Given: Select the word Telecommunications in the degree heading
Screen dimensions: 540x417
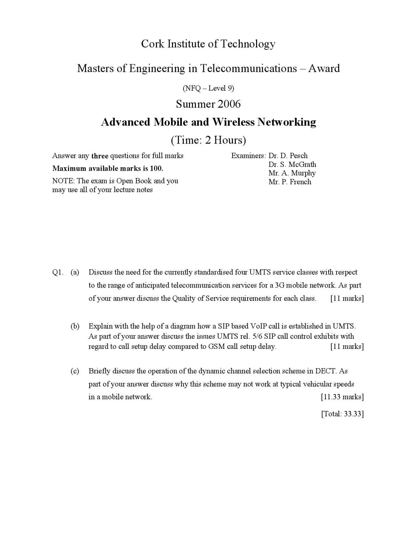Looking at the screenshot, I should (248, 68).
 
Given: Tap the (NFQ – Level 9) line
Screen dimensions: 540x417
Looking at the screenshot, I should (208, 88).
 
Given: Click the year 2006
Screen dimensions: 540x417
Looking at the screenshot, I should (229, 104).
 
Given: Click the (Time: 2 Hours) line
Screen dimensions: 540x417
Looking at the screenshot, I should (208, 140).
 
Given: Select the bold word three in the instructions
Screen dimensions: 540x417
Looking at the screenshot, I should (100, 156).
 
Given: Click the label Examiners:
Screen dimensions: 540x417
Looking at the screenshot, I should (249, 156).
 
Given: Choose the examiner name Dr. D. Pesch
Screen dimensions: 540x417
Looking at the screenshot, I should (288, 156).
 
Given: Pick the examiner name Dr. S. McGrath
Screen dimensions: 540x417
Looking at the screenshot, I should (292, 164).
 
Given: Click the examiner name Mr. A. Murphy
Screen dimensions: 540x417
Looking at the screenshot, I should (292, 173).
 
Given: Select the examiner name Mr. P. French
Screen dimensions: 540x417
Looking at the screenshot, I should (290, 182).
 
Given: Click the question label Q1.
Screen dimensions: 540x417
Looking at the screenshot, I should (58, 273).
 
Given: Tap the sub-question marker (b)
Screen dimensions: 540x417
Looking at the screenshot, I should (75, 326).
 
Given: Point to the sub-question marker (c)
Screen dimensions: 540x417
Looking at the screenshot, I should (75, 371).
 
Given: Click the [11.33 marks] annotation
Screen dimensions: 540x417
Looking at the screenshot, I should (342, 397).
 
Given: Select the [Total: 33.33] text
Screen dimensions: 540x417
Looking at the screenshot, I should (342, 414).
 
